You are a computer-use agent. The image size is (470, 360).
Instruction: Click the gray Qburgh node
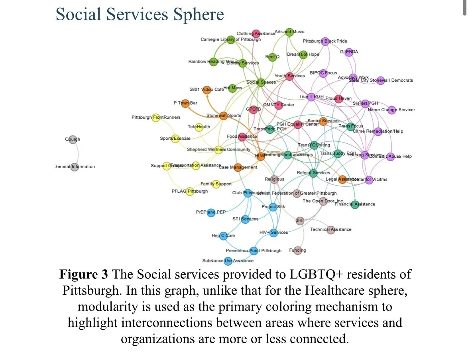[73, 139]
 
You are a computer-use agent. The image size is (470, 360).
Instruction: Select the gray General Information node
[75, 167]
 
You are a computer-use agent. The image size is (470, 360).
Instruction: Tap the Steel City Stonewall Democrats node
[380, 80]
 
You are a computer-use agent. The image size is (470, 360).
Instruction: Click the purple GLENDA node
[349, 52]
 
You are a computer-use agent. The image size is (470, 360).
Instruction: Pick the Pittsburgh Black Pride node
[325, 41]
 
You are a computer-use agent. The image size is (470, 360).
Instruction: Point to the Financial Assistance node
[355, 204]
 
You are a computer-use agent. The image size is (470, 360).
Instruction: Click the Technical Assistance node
[330, 229]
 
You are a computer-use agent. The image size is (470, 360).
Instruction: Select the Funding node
[297, 250]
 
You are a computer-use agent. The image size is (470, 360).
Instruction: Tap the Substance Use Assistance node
[228, 261]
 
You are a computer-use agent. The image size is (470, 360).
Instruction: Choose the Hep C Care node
[223, 236]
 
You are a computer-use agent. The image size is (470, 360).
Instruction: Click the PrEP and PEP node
[211, 213]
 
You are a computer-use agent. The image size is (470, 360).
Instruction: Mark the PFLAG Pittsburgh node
[190, 192]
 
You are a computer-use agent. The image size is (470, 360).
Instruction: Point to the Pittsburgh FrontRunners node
[156, 117]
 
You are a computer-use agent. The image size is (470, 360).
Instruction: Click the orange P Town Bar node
[185, 103]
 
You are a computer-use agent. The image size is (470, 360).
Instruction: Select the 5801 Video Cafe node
[206, 90]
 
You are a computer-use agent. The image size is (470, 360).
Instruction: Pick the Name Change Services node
[391, 110]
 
